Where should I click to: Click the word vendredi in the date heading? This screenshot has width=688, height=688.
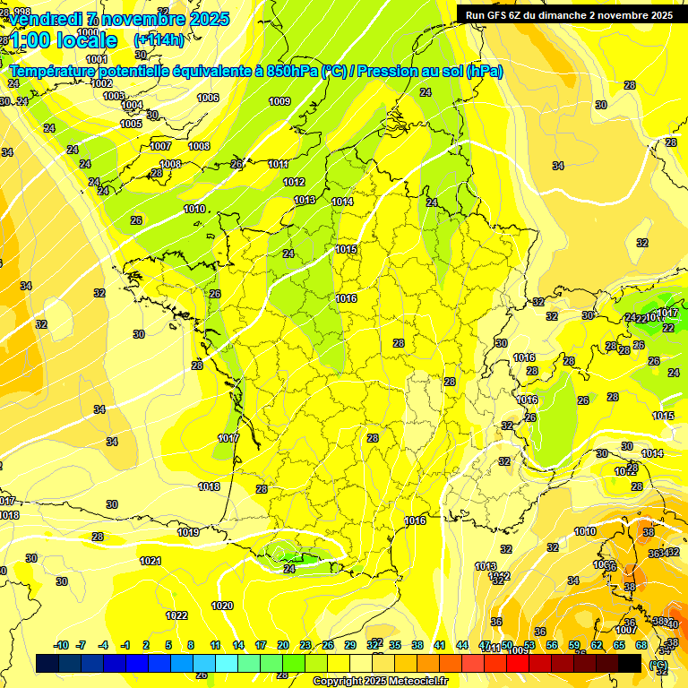pyautogui.click(x=42, y=19)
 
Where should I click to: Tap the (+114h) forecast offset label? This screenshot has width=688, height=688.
pyautogui.click(x=159, y=39)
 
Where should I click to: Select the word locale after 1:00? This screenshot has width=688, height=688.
pyautogui.click(x=86, y=40)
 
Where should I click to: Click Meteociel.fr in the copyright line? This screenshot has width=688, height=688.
pyautogui.click(x=417, y=681)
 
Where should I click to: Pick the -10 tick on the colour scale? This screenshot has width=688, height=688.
pyautogui.click(x=61, y=645)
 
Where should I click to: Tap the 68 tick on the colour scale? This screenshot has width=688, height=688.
pyautogui.click(x=641, y=645)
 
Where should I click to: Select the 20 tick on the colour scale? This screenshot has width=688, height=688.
pyautogui.click(x=282, y=645)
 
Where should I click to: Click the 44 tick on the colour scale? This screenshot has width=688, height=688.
pyautogui.click(x=462, y=645)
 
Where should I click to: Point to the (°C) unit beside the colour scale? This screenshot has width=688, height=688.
pyautogui.click(x=658, y=665)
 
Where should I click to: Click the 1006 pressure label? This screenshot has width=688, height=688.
pyautogui.click(x=208, y=98)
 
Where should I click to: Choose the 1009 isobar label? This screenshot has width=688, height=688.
pyautogui.click(x=279, y=101)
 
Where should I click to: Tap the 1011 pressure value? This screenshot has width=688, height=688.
pyautogui.click(x=278, y=164)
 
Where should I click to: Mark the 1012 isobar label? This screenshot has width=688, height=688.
pyautogui.click(x=294, y=182)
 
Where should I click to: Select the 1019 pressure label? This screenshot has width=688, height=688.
pyautogui.click(x=188, y=532)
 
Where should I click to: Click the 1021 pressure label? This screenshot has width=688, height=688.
pyautogui.click(x=150, y=561)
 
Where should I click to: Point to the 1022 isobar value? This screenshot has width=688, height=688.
pyautogui.click(x=176, y=615)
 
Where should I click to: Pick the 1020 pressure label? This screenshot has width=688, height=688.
pyautogui.click(x=222, y=606)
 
